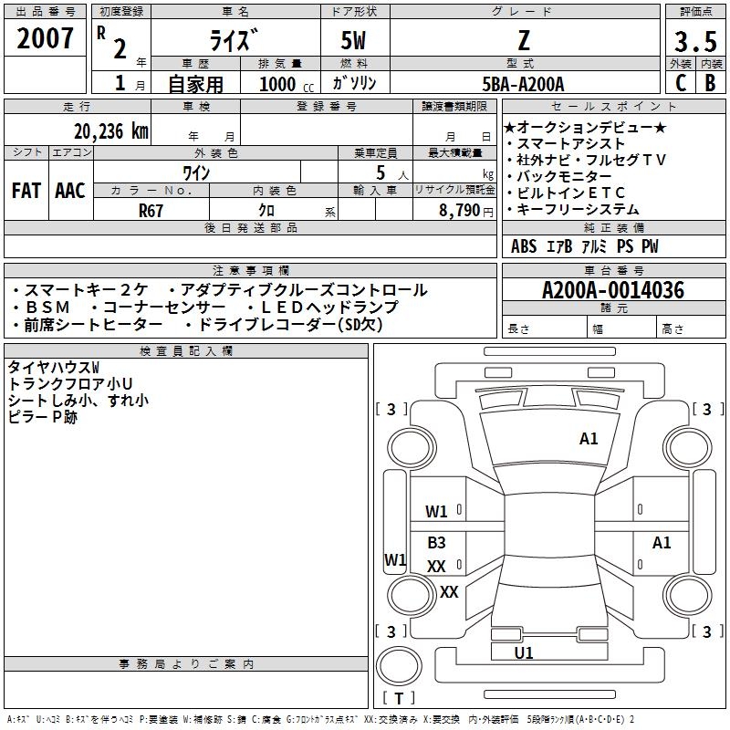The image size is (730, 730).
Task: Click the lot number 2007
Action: (x=45, y=38)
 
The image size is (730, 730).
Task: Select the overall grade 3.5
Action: (x=695, y=41)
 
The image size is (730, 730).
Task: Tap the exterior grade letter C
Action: (x=681, y=82)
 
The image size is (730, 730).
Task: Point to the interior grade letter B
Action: (x=711, y=82)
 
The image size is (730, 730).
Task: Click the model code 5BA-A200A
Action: (x=523, y=84)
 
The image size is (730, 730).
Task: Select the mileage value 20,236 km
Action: (x=111, y=131)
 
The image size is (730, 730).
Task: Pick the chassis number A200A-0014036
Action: (x=613, y=290)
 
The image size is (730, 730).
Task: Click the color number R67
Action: (x=151, y=211)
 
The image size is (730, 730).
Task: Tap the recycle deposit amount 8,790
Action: (x=459, y=211)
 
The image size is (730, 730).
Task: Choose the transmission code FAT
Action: (x=26, y=191)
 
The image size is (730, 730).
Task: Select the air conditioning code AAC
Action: (x=70, y=191)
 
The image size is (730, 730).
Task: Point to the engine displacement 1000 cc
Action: (x=287, y=84)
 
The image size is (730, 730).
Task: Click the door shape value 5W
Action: (x=353, y=40)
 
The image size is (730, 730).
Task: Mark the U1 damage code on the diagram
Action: (x=523, y=652)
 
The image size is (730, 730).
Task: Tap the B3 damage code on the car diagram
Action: (x=436, y=542)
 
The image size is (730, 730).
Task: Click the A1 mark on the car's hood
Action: (x=589, y=439)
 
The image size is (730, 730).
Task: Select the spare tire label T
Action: (x=399, y=698)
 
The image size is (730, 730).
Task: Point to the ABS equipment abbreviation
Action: (x=524, y=246)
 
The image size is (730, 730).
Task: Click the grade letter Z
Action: (x=524, y=40)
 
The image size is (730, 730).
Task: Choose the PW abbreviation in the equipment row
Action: (x=650, y=246)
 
